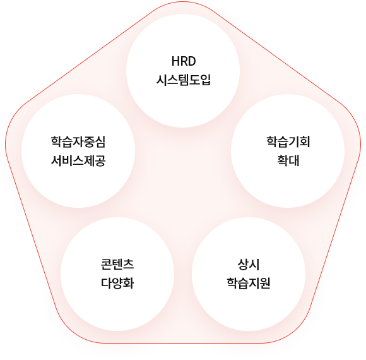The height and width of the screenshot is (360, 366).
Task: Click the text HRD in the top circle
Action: [184, 61]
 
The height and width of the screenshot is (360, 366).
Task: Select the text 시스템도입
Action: [184, 80]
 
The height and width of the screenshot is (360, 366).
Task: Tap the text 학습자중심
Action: [78, 142]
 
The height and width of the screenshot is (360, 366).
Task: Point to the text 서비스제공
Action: [78, 160]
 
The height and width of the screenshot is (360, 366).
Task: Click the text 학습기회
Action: [288, 142]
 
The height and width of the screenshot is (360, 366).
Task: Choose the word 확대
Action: [288, 160]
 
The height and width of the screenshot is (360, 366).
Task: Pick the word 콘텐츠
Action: [117, 265]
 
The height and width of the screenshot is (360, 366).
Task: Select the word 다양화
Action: [117, 284]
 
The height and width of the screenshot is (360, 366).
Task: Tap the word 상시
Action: [249, 265]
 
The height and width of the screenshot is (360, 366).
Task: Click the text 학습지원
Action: [249, 284]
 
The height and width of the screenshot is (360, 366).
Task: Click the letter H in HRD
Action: [175, 61]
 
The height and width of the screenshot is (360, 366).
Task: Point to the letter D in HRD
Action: [192, 61]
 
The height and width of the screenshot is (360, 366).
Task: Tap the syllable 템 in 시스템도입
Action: [184, 80]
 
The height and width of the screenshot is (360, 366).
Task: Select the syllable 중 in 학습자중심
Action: [89, 142]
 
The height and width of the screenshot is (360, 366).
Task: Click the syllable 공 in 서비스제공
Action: [100, 160]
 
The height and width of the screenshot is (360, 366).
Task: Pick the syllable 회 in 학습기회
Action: [305, 142]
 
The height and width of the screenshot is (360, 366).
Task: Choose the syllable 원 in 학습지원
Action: [265, 284]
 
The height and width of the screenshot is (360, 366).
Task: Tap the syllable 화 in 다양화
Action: [128, 284]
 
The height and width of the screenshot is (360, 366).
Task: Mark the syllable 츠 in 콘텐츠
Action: [128, 265]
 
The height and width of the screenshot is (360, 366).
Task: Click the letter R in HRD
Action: [184, 61]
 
